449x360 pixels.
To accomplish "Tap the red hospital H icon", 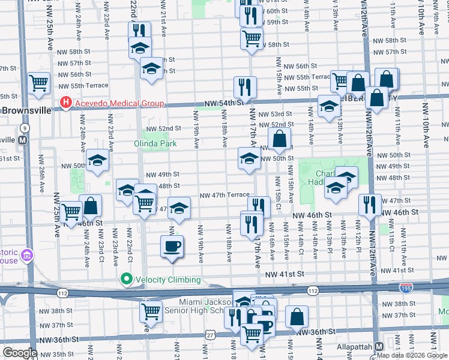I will click(65, 104).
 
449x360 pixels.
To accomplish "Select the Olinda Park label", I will click(155, 144).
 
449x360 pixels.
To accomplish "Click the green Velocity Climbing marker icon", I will click(125, 278).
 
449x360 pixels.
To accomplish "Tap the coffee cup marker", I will click(172, 246).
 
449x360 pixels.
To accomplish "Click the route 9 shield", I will click(25, 128).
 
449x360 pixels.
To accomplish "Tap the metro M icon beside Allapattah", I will click(379, 347).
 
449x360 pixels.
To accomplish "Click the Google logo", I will click(20, 353).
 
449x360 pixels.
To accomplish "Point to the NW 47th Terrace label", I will click(224, 195).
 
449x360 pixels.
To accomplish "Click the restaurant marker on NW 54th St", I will click(244, 87).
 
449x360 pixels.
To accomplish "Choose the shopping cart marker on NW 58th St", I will click(252, 39).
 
